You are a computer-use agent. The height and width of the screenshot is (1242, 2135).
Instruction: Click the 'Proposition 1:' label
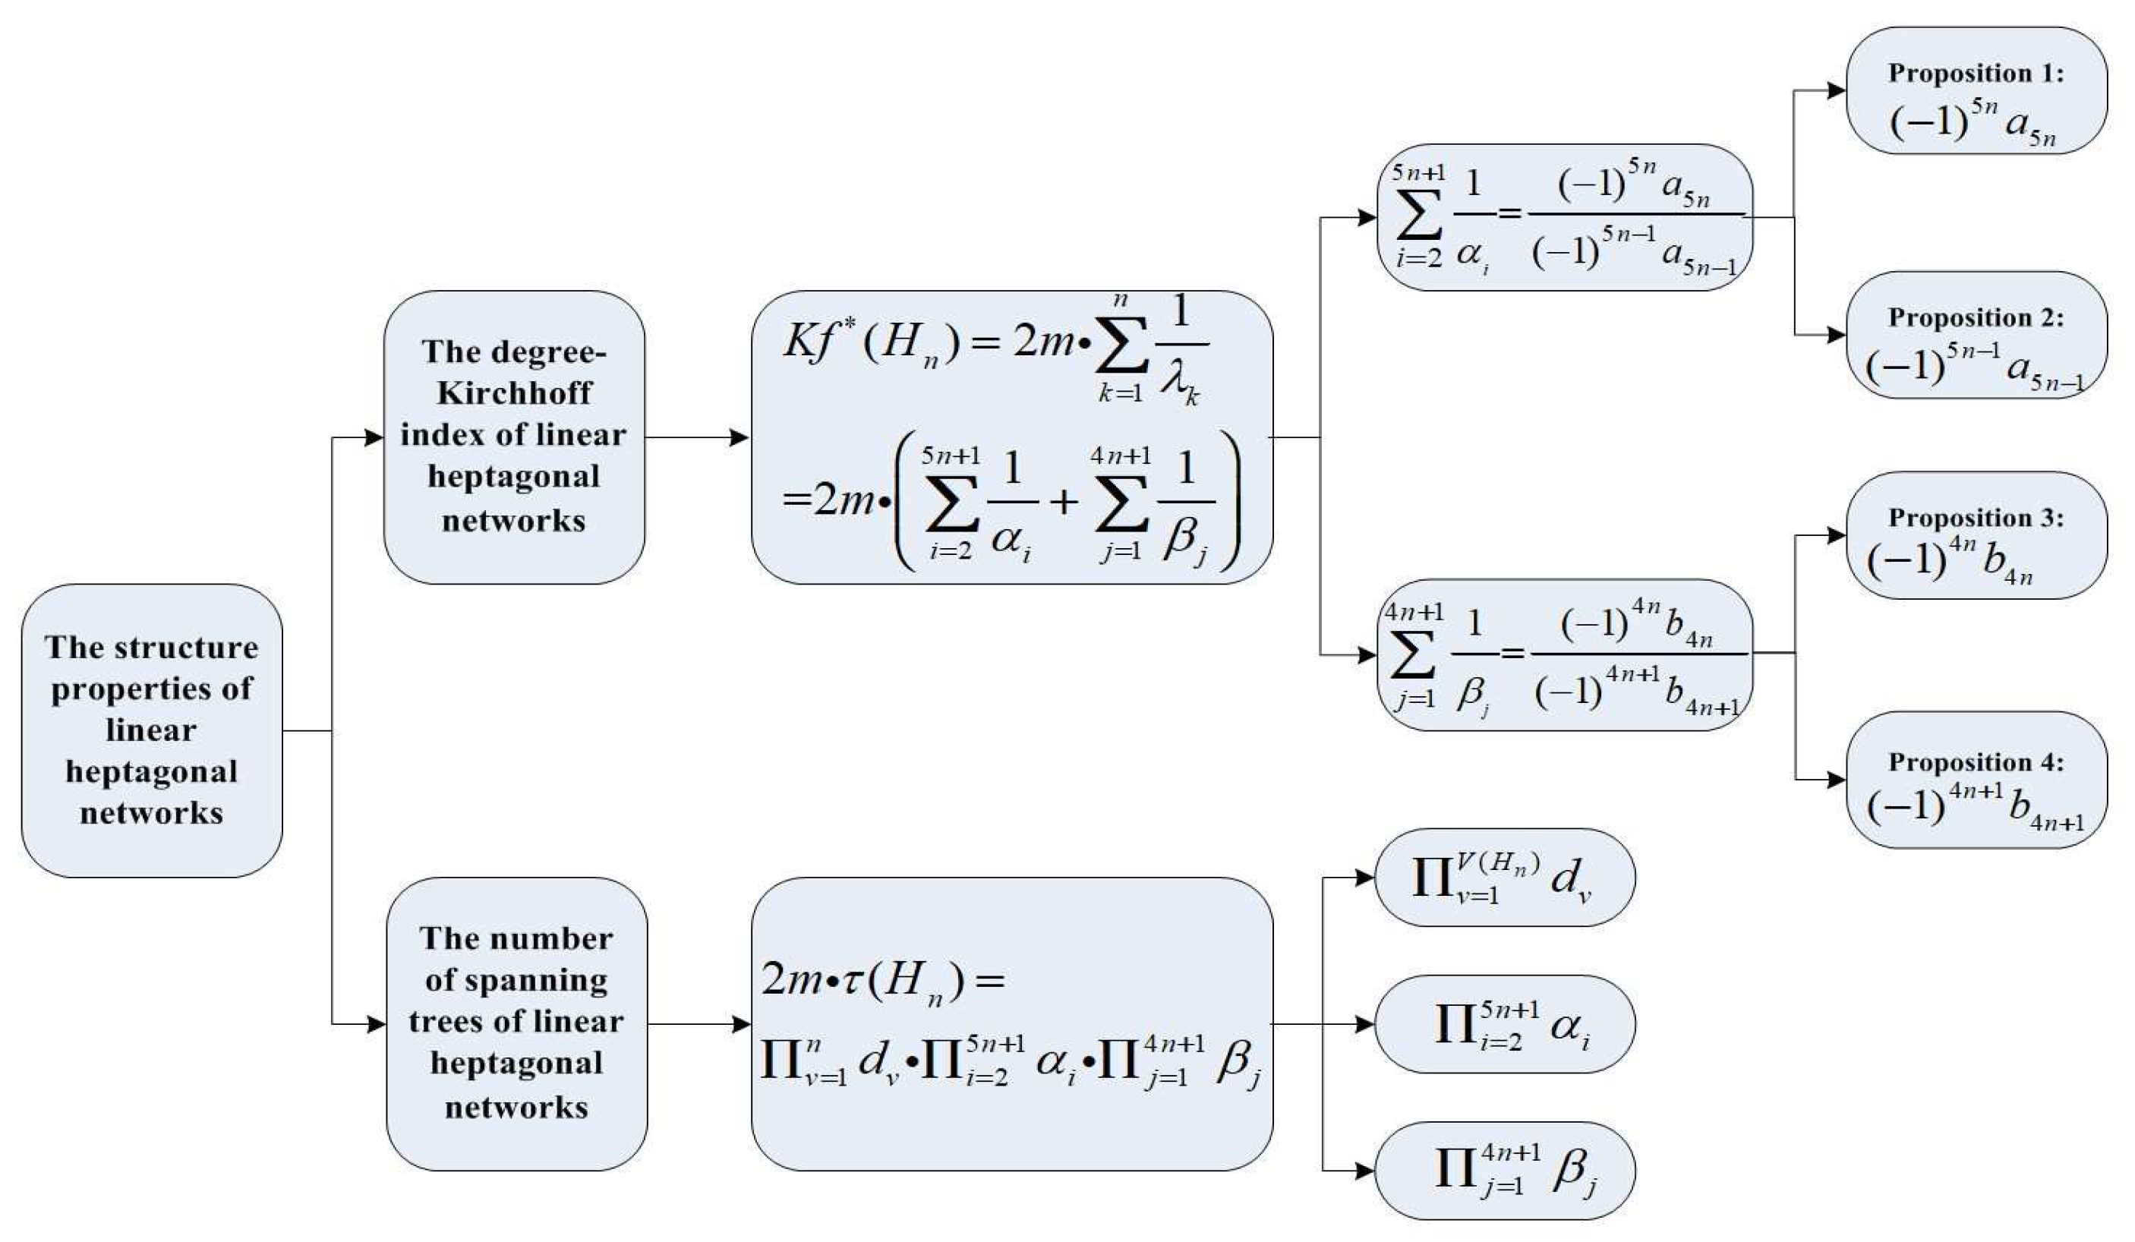click(x=1975, y=74)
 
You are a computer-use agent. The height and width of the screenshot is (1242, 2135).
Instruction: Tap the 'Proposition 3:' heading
click(x=1975, y=518)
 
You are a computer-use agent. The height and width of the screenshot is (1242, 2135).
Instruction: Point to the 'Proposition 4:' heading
click(x=1975, y=762)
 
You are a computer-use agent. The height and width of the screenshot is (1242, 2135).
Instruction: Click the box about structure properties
click(x=152, y=730)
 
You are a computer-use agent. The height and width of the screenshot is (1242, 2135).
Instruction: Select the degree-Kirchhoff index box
click(x=513, y=437)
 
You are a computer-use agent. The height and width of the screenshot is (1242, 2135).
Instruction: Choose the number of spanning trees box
click(x=516, y=1023)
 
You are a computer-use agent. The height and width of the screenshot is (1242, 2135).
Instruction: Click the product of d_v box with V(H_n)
click(x=1504, y=877)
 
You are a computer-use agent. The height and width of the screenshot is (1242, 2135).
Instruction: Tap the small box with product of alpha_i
click(x=1504, y=1023)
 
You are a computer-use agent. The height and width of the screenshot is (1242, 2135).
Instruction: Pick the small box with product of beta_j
click(x=1504, y=1170)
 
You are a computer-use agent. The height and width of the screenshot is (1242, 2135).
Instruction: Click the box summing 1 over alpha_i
click(x=1564, y=218)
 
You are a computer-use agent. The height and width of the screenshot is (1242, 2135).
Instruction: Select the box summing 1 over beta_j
click(x=1564, y=655)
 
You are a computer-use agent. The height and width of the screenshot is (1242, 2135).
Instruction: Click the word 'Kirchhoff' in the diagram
click(x=514, y=394)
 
